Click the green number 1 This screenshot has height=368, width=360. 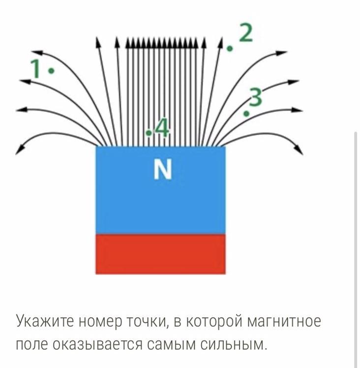(x=35, y=68)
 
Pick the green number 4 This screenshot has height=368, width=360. (x=162, y=129)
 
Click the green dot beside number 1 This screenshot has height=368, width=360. (x=52, y=71)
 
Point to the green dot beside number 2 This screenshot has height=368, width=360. (x=230, y=49)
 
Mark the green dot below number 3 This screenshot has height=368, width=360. (x=246, y=114)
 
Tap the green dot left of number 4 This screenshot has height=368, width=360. (x=149, y=133)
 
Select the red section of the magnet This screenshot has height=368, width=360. (x=160, y=254)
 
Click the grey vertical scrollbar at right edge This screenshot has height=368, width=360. (x=356, y=246)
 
